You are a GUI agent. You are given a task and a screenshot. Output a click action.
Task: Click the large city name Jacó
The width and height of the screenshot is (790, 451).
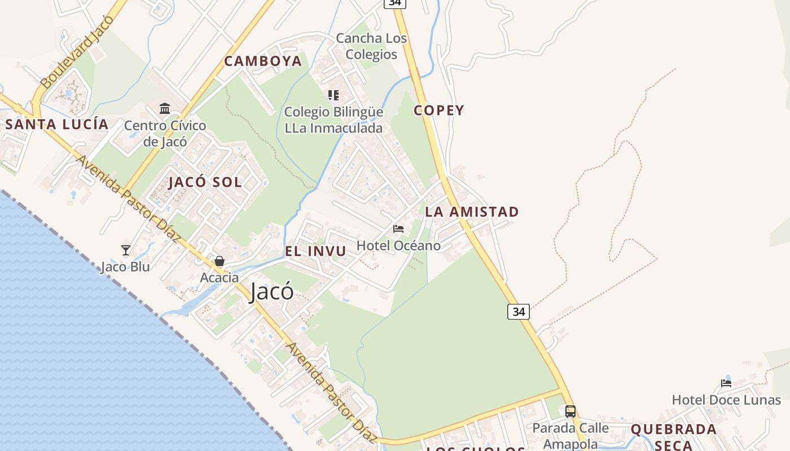click(271, 291)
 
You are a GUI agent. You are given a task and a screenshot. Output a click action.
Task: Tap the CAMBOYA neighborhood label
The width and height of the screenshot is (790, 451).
click(263, 61)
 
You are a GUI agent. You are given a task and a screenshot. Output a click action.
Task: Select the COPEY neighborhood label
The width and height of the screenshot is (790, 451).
click(438, 110)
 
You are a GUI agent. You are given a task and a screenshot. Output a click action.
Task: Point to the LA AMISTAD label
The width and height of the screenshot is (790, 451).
click(472, 212)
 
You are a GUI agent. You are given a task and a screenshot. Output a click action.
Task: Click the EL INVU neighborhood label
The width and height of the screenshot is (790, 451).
click(315, 251)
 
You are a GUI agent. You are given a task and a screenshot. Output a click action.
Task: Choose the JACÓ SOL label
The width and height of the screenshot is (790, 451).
click(205, 182)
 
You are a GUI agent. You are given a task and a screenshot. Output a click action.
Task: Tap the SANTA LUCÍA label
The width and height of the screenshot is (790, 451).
click(56, 125)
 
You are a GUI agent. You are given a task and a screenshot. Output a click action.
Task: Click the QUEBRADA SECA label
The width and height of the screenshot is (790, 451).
click(673, 437)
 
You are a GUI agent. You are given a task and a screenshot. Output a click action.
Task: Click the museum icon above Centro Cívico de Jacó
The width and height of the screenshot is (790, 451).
click(165, 108)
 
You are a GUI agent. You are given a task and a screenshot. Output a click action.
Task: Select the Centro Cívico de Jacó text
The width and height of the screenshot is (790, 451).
click(165, 134)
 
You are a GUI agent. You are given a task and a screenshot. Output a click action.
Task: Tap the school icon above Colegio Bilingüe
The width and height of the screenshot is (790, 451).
click(333, 95)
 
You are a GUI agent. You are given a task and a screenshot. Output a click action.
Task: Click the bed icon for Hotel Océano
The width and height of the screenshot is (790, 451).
click(398, 229)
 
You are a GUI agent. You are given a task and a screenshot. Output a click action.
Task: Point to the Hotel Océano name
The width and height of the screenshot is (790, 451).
click(398, 246)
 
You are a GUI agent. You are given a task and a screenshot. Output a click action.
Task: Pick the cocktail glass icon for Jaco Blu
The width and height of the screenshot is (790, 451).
click(126, 250)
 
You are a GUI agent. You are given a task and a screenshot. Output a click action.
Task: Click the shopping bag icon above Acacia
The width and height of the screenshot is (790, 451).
click(220, 261)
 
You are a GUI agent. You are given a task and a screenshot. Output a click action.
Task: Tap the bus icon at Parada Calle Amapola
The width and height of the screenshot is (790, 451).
click(570, 411)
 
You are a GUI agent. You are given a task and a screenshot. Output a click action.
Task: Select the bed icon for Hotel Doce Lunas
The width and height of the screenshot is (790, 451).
click(726, 383)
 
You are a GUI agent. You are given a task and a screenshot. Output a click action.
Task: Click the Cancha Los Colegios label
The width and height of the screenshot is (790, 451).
click(371, 46)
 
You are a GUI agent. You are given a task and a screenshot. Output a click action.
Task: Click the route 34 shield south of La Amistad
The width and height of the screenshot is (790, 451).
click(518, 311)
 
